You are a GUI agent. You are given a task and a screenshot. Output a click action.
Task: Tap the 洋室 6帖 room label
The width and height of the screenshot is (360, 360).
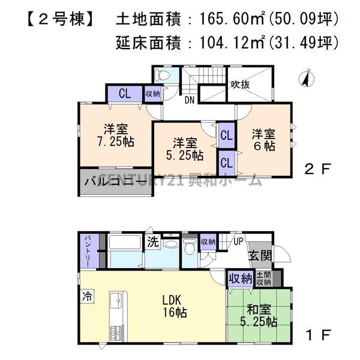coord(263,139)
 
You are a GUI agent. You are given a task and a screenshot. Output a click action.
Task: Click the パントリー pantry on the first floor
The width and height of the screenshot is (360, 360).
coord(86,252)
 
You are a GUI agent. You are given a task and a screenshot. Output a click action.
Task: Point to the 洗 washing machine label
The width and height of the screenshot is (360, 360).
coord(153,242)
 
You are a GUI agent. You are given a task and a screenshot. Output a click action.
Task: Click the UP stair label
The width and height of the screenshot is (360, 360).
coord(238,241)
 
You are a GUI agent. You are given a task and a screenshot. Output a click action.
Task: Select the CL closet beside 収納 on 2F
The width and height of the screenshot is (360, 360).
coord(124,94)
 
